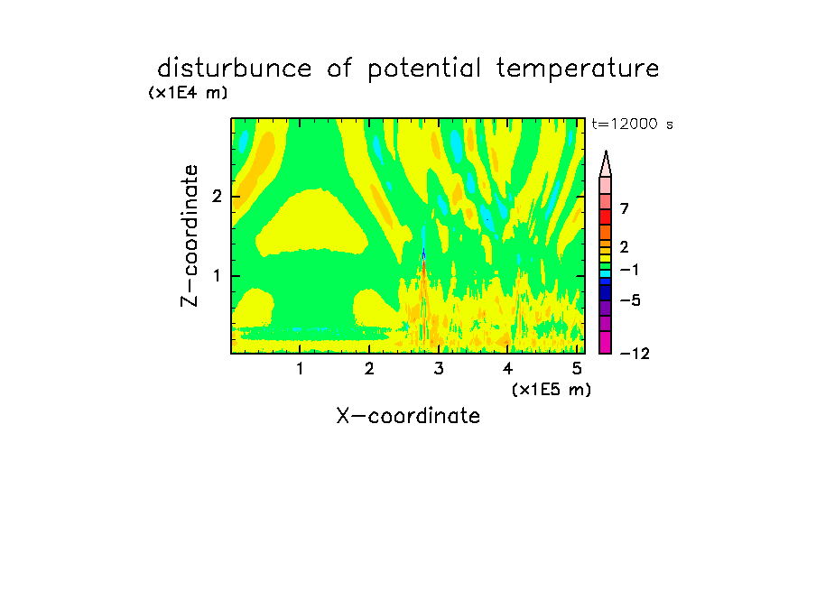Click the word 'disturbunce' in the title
point(235,69)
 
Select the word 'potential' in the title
point(424,69)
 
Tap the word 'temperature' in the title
point(578,69)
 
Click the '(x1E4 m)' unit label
point(188,93)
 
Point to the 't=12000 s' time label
point(632,124)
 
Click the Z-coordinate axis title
point(190,235)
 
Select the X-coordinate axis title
point(408,416)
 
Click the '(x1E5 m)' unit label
point(552,390)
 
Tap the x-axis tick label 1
point(300,369)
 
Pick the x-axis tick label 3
point(439,369)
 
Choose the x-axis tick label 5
point(577,369)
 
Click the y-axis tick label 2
point(217,197)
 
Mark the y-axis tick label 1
point(217,276)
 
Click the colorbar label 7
point(625,209)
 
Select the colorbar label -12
point(635,355)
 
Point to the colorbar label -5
point(630,300)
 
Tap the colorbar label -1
point(629,270)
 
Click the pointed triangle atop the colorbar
point(606,164)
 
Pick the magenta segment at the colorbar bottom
point(606,342)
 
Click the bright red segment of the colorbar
point(606,217)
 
